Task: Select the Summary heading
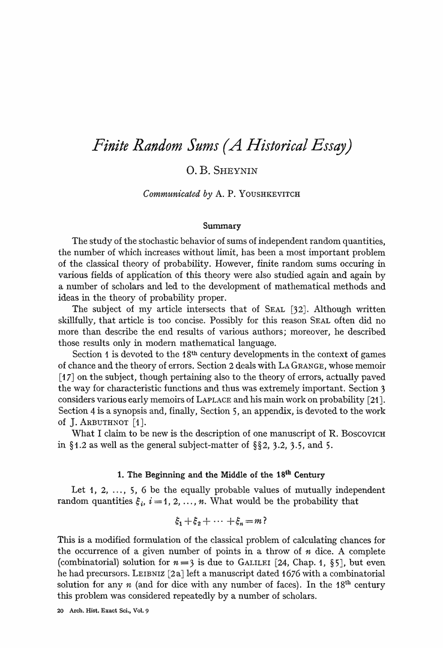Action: coord(221,226)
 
